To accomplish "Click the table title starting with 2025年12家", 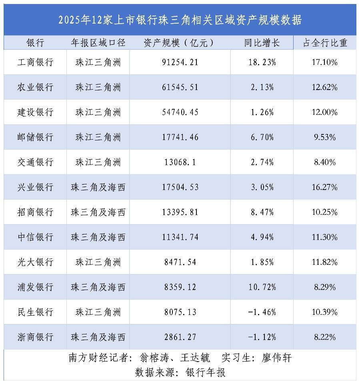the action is [x=180, y=20].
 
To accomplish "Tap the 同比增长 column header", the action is [x=262, y=43].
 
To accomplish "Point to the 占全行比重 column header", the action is [x=325, y=43].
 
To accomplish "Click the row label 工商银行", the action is [x=35, y=62].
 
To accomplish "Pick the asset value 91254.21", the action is [x=180, y=62].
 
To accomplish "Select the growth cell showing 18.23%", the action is [x=262, y=62].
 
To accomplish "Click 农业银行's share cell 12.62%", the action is [x=325, y=87].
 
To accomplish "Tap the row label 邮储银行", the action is [x=35, y=137].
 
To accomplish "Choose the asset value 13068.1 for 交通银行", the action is [x=180, y=162].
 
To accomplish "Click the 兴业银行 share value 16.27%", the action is [x=325, y=187].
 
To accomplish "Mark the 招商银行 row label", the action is [x=35, y=212].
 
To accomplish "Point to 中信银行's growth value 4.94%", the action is [x=262, y=237].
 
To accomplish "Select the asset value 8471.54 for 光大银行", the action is [x=180, y=262].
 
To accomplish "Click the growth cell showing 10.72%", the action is [x=262, y=287].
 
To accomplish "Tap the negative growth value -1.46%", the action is [x=262, y=312].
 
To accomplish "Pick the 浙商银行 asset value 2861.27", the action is [x=180, y=337].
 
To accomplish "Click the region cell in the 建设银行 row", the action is [x=98, y=112].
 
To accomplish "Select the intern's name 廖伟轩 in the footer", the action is [x=276, y=358].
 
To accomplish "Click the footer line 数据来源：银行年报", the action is [x=180, y=372].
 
